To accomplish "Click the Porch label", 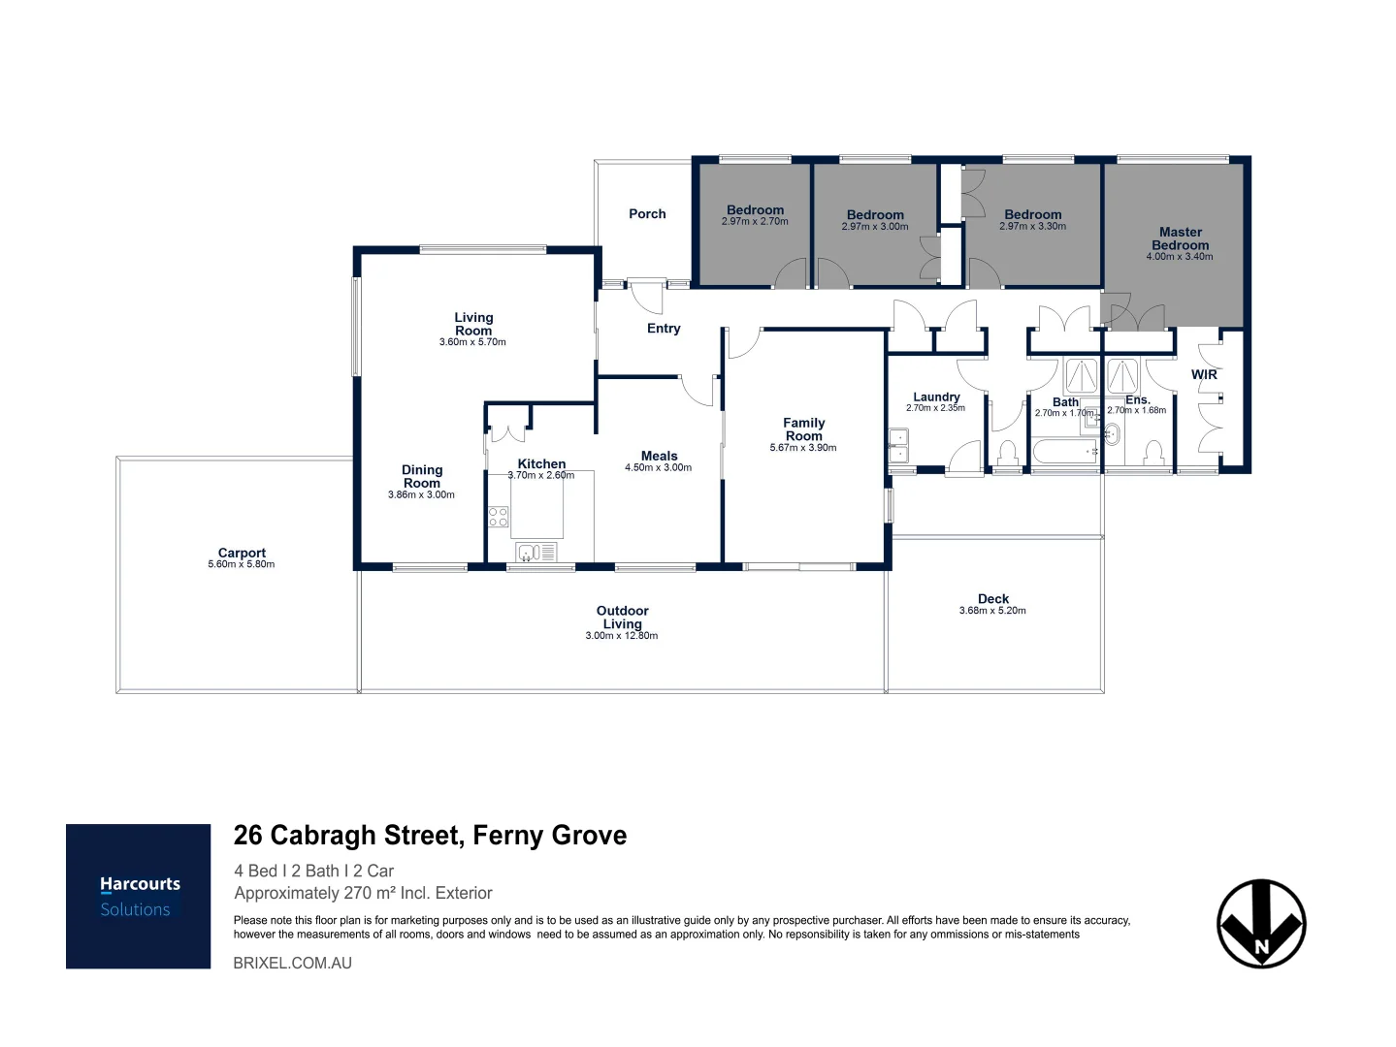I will pos(647,214).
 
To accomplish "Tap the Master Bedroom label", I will pos(1180,238).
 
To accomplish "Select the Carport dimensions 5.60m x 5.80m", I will pos(242,564).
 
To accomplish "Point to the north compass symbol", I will pos(1261,924).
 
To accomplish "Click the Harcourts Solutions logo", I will pos(138,896).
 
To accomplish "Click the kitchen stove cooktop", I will pos(499,517).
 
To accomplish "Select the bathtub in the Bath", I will pos(1064,452).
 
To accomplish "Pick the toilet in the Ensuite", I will pos(1153,454).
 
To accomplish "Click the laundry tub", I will pos(898,447).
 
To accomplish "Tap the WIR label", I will pos(1204,375).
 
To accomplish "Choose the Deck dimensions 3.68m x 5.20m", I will pos(992,611).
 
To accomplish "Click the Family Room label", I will pos(803,429).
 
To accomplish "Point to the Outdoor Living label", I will pos(622,618).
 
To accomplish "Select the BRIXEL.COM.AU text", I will pos(293,963).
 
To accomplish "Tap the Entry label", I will pos(664,329).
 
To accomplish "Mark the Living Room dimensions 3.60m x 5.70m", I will pos(472,342).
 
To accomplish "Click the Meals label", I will pos(659,456).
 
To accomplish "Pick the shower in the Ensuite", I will pos(1123,376).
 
